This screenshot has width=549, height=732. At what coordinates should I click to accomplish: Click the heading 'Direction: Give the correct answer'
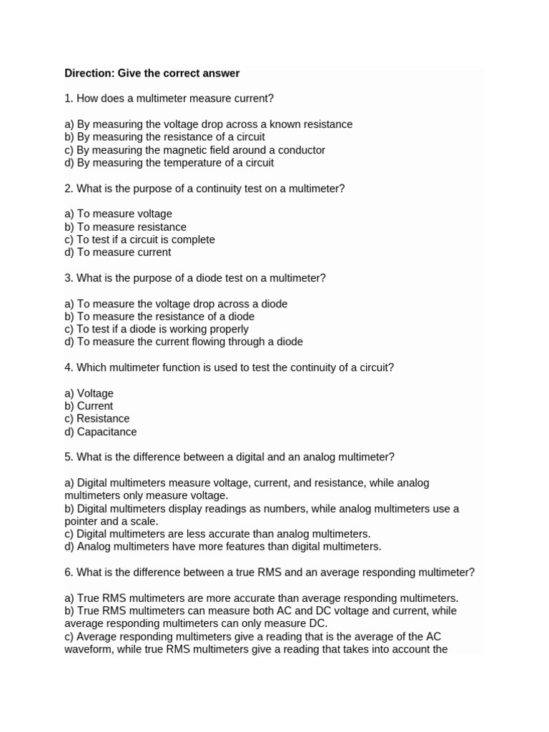point(152,73)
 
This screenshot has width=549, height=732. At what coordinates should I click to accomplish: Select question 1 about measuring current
point(169,98)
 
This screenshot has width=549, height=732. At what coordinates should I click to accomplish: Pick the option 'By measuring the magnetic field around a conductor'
point(194,150)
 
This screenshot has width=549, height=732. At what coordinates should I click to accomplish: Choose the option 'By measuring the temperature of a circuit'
point(169,163)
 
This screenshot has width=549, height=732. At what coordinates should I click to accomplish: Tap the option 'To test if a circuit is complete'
point(139,239)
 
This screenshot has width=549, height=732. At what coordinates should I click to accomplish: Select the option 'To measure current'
point(118,252)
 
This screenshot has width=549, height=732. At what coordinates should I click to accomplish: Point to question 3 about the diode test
point(195,278)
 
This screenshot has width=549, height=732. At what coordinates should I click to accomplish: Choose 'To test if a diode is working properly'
point(157,329)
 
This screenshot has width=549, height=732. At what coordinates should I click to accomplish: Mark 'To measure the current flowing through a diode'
point(184,342)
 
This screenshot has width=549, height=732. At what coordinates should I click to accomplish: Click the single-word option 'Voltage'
point(89,393)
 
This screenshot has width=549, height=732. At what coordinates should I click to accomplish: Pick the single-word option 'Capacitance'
point(100,432)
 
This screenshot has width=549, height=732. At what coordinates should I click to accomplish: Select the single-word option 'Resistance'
point(97,419)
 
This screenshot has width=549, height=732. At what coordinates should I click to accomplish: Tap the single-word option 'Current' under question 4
point(89,406)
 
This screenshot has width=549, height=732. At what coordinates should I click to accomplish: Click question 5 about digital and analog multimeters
point(229,457)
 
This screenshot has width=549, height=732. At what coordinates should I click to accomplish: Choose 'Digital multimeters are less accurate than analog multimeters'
point(217,534)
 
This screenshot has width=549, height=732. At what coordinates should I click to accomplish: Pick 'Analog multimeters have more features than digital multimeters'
point(223,547)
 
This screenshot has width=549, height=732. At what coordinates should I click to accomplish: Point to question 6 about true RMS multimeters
point(269,573)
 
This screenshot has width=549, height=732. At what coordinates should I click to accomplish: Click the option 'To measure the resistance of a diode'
point(159,316)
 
